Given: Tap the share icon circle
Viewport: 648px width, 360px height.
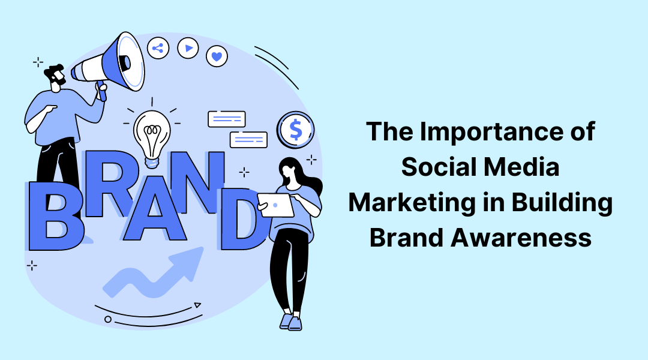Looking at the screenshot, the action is coord(158,49).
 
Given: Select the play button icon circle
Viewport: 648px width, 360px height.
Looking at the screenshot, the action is coord(188,48).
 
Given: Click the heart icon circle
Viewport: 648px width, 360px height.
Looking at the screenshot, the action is coord(217,56).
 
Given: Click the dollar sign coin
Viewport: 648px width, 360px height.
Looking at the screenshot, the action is coord(295,130).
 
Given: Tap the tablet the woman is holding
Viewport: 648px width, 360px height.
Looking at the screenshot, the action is coord(275,205).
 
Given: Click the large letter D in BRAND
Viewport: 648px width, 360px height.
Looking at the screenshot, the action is coord(242,219).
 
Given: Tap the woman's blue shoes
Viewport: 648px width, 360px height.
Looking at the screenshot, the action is coord(291,322).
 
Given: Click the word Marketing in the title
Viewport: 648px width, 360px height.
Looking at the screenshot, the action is coord(412,203).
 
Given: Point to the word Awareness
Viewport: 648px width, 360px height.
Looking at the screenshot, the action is coord(521,238).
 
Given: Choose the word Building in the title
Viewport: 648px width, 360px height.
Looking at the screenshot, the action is coord(562,203).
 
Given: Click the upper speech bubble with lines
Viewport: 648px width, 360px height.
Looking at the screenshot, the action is coord(226,119).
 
